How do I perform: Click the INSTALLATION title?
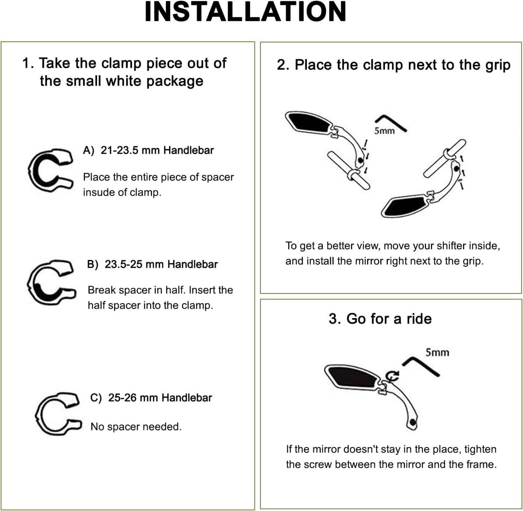[x=245, y=12]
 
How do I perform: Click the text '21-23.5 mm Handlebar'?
[x=157, y=150]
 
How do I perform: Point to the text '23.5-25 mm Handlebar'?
[x=161, y=264]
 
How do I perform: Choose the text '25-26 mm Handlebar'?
[x=160, y=398]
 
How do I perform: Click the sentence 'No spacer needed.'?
[x=136, y=427]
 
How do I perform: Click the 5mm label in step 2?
[x=384, y=131]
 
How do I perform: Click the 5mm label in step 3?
[x=437, y=352]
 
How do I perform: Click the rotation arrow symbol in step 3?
[x=393, y=375]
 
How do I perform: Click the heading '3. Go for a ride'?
[x=380, y=319]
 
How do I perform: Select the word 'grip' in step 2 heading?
[x=498, y=65]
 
